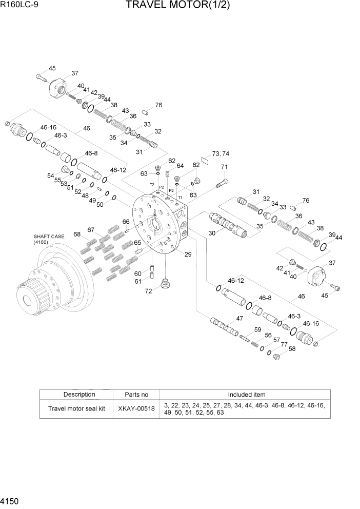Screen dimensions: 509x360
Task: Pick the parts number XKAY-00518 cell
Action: click(x=136, y=409)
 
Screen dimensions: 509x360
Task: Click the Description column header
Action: click(x=79, y=395)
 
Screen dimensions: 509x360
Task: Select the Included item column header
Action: click(x=246, y=395)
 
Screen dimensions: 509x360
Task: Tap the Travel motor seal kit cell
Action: click(x=79, y=409)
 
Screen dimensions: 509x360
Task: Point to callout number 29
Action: click(x=188, y=254)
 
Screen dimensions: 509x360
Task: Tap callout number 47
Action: click(x=238, y=318)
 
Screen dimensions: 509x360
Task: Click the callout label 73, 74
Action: click(x=221, y=153)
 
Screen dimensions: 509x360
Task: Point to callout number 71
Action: click(x=224, y=167)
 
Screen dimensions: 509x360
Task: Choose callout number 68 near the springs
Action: click(x=77, y=234)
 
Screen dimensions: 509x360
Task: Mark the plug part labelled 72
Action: click(x=166, y=284)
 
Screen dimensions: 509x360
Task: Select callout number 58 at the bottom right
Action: click(x=292, y=349)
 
